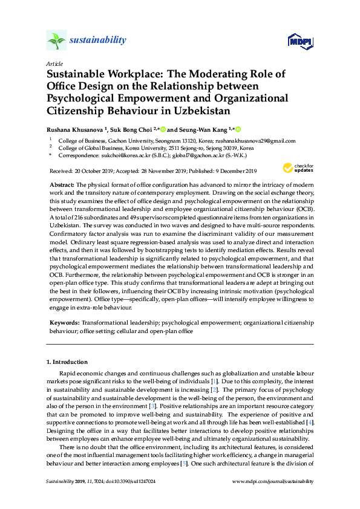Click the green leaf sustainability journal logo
[x=56, y=41]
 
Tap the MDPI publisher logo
[x=295, y=42]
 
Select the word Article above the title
[x=54, y=63]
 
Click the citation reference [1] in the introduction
[x=231, y=383]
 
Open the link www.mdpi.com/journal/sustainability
[x=273, y=481]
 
